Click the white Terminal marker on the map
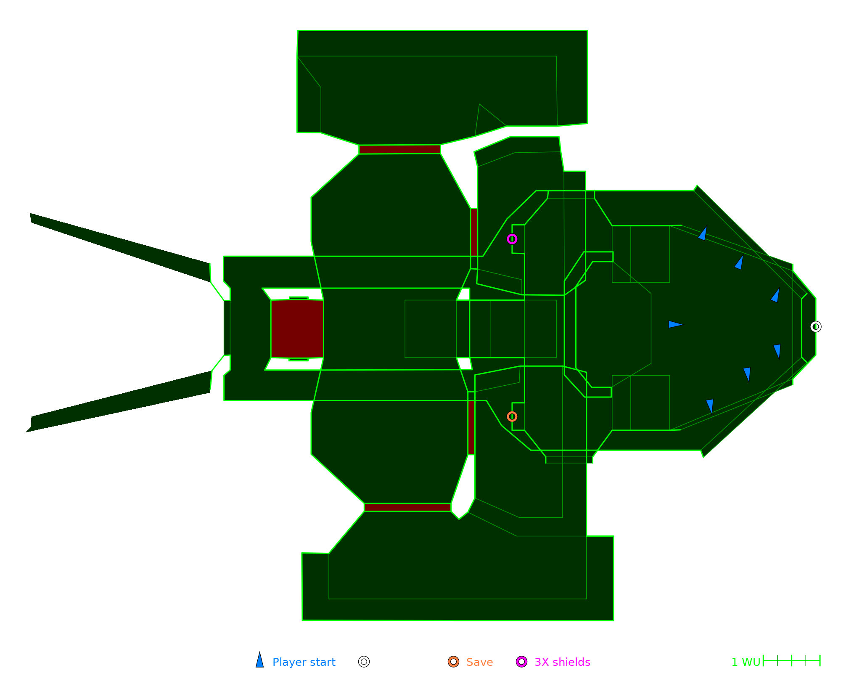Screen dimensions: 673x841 (815, 327)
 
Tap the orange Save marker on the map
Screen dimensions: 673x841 (512, 416)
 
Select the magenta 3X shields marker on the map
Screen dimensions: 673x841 (512, 239)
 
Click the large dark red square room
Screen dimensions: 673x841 (297, 329)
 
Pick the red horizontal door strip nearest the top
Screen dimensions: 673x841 (399, 149)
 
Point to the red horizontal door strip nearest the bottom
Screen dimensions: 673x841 (407, 507)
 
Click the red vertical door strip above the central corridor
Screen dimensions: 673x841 (474, 232)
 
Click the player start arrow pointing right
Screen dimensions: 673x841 (675, 324)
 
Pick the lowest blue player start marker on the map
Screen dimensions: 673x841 (710, 405)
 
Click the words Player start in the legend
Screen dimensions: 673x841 (304, 662)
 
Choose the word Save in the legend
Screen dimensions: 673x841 (479, 662)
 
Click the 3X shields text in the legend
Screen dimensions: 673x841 (562, 662)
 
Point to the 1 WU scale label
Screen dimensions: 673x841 (746, 662)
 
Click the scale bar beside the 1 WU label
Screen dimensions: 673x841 (791, 660)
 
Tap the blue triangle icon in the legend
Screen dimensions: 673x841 (260, 661)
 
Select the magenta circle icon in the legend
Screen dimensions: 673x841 (521, 662)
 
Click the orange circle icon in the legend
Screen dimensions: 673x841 (453, 662)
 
